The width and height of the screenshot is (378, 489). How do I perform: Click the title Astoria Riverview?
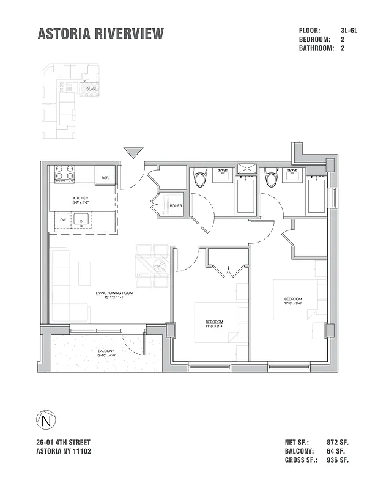tap(101, 34)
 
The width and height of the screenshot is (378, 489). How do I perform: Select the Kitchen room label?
tap(81, 199)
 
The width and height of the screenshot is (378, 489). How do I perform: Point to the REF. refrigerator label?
tap(105, 177)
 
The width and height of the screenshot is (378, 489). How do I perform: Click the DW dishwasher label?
tap(63, 220)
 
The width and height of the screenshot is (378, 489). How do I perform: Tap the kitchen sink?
tap(82, 220)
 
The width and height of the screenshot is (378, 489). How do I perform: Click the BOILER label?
tap(176, 205)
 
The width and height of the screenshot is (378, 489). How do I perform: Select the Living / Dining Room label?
tap(114, 293)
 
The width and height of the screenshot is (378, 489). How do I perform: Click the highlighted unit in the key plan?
tap(92, 89)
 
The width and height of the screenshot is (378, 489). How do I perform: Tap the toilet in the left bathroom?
tap(200, 180)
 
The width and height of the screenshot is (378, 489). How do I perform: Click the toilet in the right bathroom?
tap(271, 180)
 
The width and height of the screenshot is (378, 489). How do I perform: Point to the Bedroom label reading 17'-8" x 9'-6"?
tap(293, 299)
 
